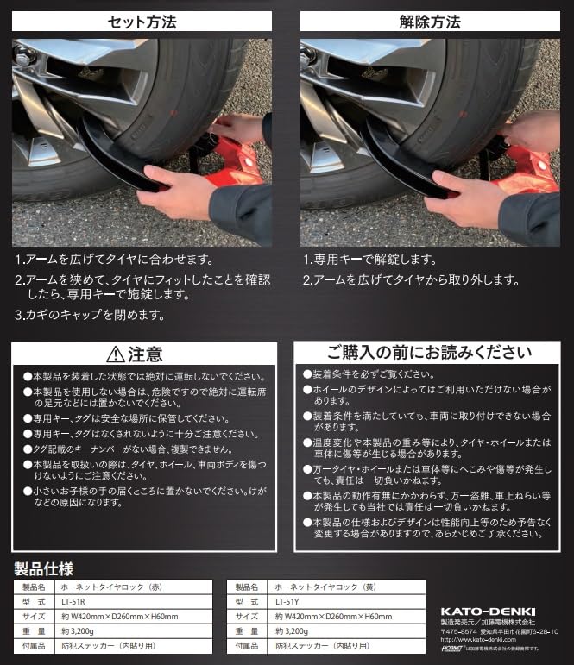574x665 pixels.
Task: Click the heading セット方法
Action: pyautogui.click(x=142, y=21)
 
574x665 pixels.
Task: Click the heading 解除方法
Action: pyautogui.click(x=429, y=21)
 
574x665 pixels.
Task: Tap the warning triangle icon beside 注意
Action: pyautogui.click(x=115, y=354)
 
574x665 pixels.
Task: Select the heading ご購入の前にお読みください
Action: pyautogui.click(x=428, y=352)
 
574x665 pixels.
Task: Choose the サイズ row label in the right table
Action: pyautogui.click(x=245, y=616)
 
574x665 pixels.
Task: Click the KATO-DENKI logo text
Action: pyautogui.click(x=488, y=612)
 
